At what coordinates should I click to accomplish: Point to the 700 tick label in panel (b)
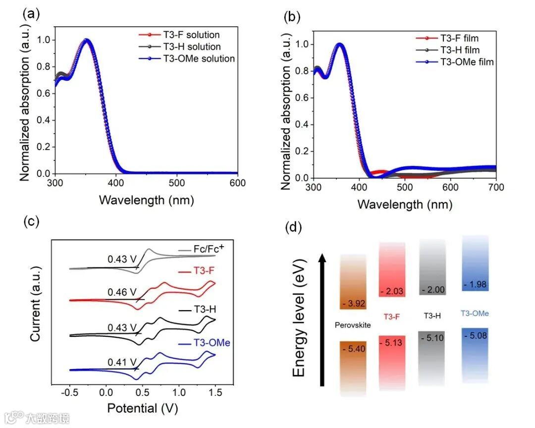[x=496, y=187]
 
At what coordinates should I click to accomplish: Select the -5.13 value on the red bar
[x=392, y=342]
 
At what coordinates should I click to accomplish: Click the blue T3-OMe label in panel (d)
[x=475, y=313]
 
